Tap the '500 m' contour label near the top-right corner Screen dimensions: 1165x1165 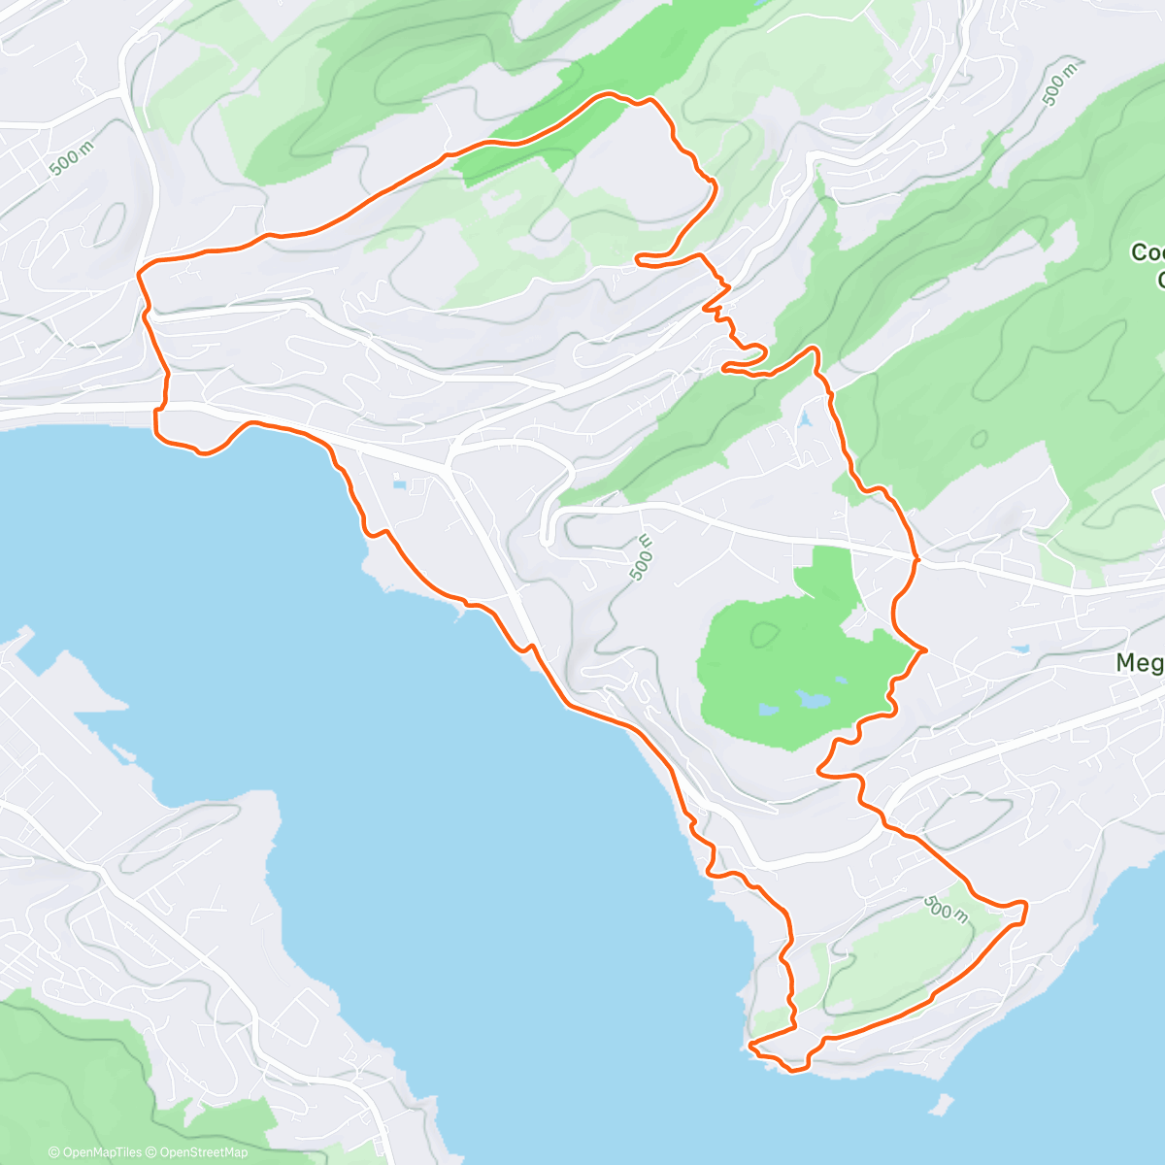coord(1060,83)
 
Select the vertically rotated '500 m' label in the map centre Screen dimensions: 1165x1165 coord(642,558)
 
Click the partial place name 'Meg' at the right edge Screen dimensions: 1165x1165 coord(1139,663)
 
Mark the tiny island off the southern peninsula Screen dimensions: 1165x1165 coord(938,1104)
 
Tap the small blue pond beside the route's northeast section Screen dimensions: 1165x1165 coord(804,420)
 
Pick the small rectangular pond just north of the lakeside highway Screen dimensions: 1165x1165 coord(400,483)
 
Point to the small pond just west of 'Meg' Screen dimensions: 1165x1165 coord(1018,649)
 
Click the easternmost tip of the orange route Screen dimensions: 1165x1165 coord(1026,905)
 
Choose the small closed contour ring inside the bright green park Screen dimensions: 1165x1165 coord(765,634)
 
